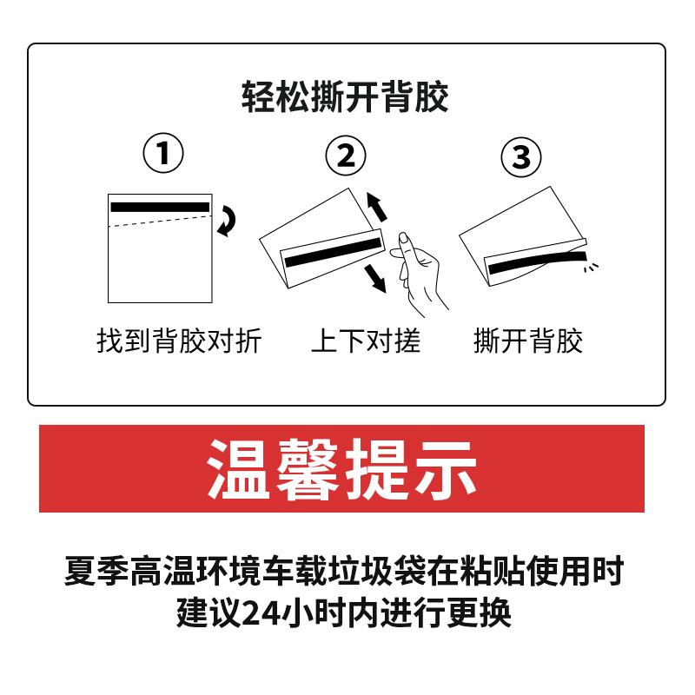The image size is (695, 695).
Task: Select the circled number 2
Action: (x=346, y=156)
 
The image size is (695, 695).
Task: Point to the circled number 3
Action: (x=521, y=157)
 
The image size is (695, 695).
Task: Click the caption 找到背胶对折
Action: (x=178, y=341)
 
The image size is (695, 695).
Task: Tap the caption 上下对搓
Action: (x=365, y=341)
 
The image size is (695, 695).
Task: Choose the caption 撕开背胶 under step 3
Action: (x=527, y=341)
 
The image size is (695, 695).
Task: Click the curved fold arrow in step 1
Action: (x=226, y=221)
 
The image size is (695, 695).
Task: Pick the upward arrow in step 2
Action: (x=375, y=207)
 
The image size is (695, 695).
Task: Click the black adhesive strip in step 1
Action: (x=160, y=207)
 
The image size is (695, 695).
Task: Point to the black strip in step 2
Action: (x=334, y=250)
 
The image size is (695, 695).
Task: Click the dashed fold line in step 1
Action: (x=160, y=222)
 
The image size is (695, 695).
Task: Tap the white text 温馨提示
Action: (x=341, y=468)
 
